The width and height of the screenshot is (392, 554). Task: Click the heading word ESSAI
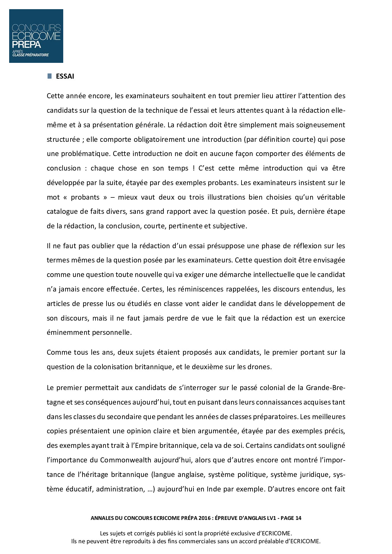(65, 76)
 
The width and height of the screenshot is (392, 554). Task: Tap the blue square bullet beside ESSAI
(49, 76)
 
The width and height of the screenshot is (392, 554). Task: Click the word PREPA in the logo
(27, 44)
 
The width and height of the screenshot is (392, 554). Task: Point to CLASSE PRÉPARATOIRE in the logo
(31, 55)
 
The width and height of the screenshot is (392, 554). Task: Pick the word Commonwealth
(126, 460)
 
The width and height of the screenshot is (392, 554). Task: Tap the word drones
(260, 367)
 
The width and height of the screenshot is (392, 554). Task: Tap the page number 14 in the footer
(298, 518)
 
